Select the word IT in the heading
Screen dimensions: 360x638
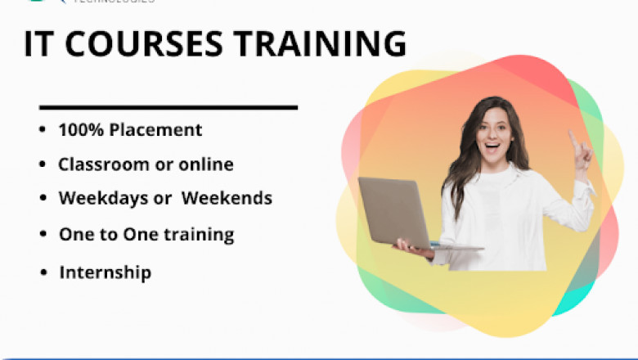[38, 44]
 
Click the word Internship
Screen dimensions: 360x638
[105, 272]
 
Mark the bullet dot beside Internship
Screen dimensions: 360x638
[43, 272]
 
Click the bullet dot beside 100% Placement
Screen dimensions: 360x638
[43, 130]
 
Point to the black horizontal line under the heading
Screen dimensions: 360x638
[168, 107]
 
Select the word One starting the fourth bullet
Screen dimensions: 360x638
[74, 235]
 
